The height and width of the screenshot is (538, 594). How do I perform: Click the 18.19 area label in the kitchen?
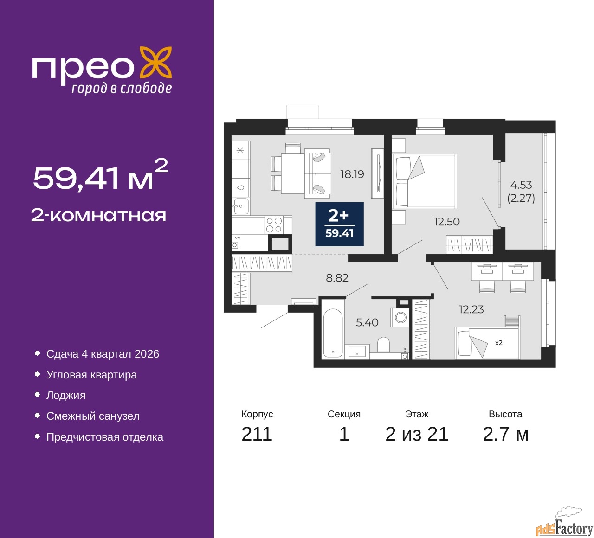pos(352,174)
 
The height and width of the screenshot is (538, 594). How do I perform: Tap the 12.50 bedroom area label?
pos(446,222)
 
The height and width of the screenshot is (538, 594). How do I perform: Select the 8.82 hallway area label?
pos(337,278)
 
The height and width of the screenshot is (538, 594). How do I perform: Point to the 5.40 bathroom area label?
pos(367,322)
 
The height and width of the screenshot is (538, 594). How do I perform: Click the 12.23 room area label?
pos(471,309)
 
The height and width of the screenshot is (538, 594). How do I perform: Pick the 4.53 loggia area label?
pos(521,185)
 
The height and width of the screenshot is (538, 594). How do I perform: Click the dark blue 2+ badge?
pos(339,224)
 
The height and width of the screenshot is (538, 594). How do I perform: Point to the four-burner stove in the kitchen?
pos(274,225)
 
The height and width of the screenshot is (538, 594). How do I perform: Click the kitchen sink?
pos(240,206)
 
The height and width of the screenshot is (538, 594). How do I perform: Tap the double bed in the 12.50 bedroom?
pos(424,181)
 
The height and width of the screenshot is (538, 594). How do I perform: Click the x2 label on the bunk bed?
pos(499,343)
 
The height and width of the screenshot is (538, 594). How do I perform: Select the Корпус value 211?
pos(257,434)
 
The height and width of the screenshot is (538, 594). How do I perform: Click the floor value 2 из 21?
pos(417,434)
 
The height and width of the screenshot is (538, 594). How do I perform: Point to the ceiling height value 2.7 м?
pos(505,434)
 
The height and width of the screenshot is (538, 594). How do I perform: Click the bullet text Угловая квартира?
pos(91,375)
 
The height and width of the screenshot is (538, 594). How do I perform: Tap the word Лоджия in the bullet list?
pos(66,395)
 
